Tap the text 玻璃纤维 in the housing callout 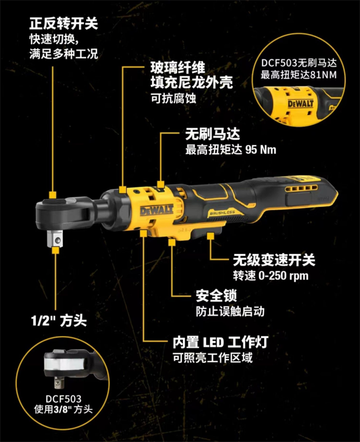[x=178, y=68]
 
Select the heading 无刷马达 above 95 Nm [x=213, y=134]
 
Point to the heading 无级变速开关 [x=274, y=260]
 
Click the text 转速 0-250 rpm [x=270, y=275]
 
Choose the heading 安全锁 [x=216, y=296]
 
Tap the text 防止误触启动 [x=230, y=311]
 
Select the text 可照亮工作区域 [x=213, y=358]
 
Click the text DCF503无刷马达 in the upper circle [x=298, y=60]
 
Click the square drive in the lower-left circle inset [x=58, y=383]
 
